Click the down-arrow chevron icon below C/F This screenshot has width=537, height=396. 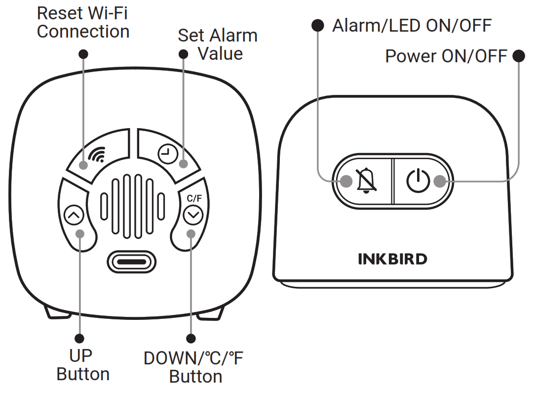(x=192, y=215)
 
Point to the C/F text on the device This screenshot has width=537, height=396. (x=194, y=199)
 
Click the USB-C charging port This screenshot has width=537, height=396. (x=131, y=260)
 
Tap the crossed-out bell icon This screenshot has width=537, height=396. (x=366, y=180)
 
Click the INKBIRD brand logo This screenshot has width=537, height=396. (x=392, y=259)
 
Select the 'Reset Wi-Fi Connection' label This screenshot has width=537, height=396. (x=83, y=22)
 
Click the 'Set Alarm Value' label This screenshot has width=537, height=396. (x=218, y=44)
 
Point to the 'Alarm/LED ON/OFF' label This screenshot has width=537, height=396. (x=412, y=25)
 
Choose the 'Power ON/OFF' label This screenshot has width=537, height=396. (x=446, y=56)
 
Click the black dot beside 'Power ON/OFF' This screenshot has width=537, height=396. (x=519, y=56)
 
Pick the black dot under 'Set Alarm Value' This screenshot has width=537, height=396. (x=183, y=54)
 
